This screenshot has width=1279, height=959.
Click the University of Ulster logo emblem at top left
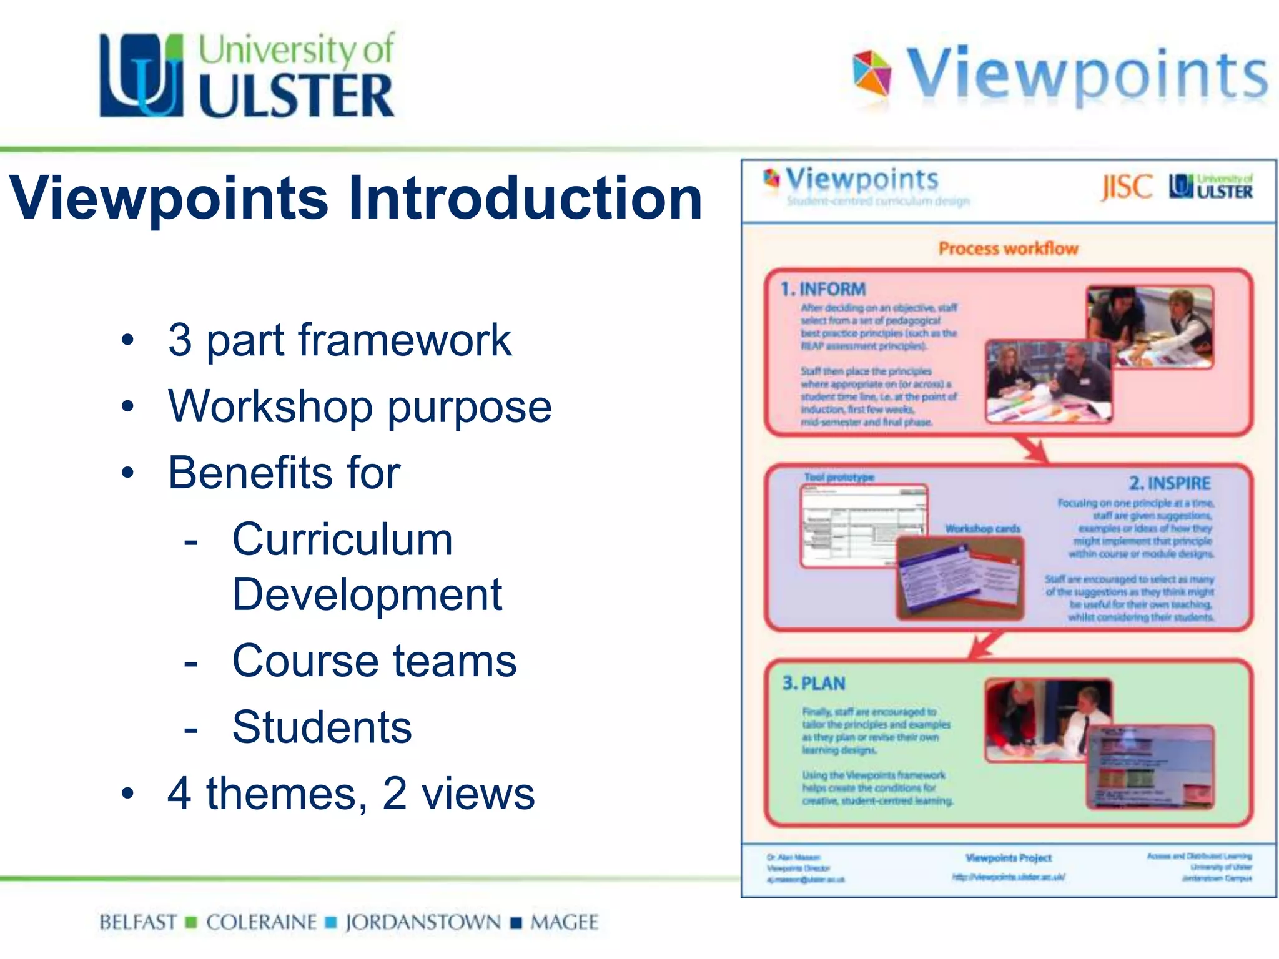[x=142, y=76]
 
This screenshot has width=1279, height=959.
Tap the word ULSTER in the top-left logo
[x=297, y=96]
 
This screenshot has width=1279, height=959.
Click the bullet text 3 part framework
[x=340, y=340]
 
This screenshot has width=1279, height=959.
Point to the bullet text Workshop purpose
[x=360, y=406]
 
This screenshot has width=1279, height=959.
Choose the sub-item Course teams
[x=374, y=661]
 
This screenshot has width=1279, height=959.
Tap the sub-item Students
[x=322, y=727]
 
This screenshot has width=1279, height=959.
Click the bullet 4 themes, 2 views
[x=351, y=794]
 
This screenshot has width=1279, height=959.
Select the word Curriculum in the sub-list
[x=342, y=539]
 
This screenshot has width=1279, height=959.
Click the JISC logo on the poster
[x=1126, y=187]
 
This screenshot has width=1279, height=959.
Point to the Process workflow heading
[x=1008, y=248]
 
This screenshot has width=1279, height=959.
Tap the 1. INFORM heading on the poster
[x=823, y=289]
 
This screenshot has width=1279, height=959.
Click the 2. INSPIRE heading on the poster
[x=1169, y=483]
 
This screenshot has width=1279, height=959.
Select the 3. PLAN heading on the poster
[x=814, y=683]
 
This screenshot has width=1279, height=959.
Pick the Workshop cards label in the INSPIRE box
[x=982, y=529]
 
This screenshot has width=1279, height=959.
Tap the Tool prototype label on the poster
[x=839, y=477]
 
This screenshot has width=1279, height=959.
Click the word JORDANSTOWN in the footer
[x=423, y=922]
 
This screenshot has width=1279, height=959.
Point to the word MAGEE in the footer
[x=564, y=922]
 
